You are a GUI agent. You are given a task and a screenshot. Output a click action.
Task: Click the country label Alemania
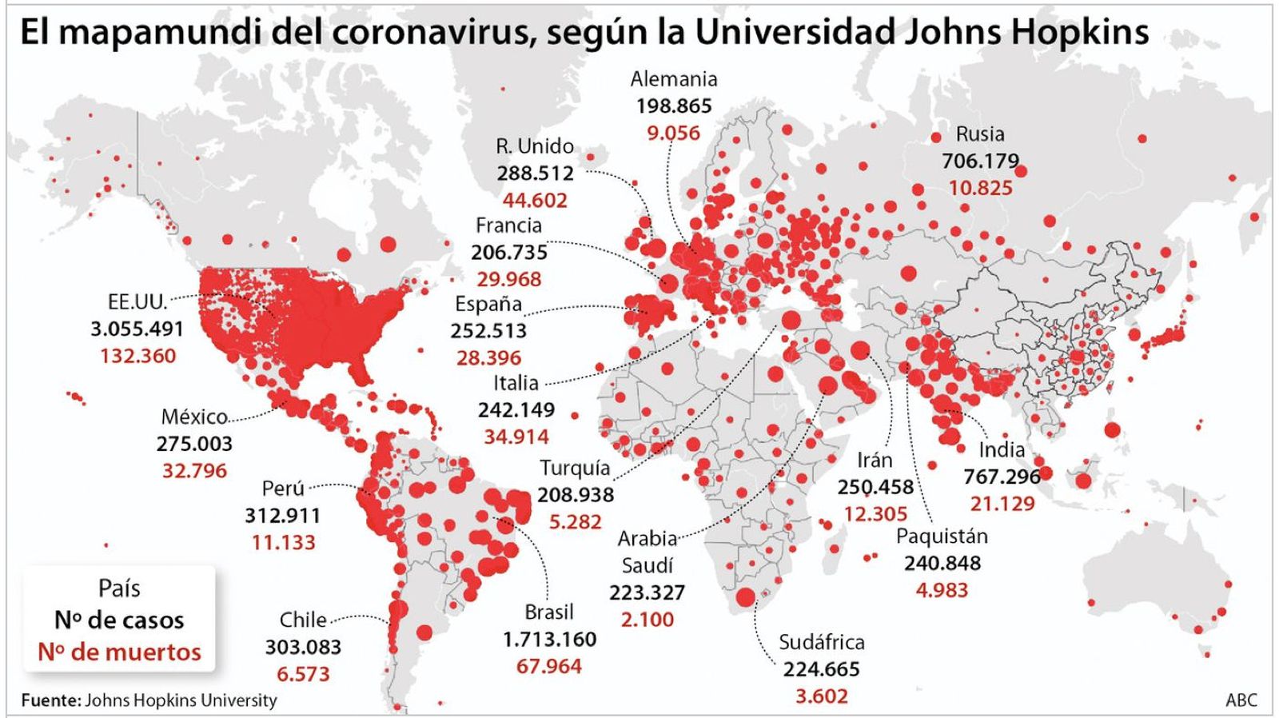tap(674, 79)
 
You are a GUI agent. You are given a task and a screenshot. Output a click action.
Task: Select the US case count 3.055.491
tap(137, 329)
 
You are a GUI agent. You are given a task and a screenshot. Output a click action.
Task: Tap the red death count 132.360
tap(137, 356)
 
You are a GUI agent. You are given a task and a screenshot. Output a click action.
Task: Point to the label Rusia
tap(980, 134)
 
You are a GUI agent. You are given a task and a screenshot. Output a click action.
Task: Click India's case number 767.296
tap(1002, 477)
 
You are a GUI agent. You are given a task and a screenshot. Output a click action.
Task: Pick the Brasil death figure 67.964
tap(549, 666)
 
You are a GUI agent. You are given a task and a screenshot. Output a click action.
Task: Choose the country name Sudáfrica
tap(822, 642)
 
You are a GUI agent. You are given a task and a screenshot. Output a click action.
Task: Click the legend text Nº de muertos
tap(120, 652)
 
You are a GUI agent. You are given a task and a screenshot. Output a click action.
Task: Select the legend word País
tap(119, 588)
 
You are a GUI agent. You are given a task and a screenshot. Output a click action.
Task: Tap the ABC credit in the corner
tap(1241, 700)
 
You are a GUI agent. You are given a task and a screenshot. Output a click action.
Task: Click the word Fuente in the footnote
tap(50, 700)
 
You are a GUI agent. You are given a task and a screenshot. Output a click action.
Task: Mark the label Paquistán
tap(942, 536)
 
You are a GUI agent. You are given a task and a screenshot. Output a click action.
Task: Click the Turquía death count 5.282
tap(575, 521)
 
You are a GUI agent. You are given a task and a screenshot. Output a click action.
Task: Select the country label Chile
tap(303, 620)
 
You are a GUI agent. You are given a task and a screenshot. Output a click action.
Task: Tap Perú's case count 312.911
tap(283, 515)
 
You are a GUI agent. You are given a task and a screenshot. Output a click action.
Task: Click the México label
tap(194, 417)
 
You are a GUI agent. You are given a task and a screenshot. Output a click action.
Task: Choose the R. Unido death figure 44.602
tap(535, 200)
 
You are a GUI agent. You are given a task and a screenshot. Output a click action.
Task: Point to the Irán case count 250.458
tap(875, 487)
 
